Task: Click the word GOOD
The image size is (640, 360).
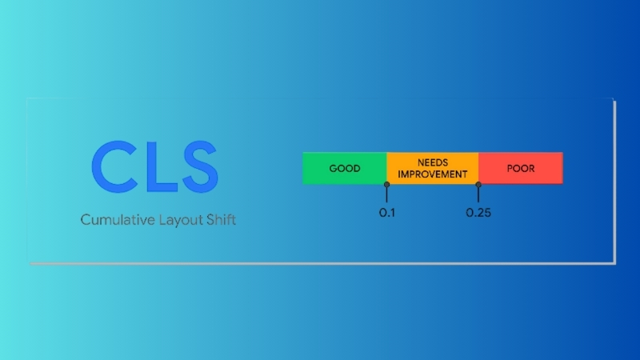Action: click(x=345, y=169)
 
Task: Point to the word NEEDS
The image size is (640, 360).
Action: click(x=432, y=162)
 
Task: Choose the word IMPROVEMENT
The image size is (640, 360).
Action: click(x=432, y=174)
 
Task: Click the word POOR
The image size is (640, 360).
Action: click(x=521, y=169)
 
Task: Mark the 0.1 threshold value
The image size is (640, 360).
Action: click(x=386, y=214)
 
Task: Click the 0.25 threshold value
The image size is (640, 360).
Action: click(x=478, y=214)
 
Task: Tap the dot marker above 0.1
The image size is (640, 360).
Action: click(x=386, y=185)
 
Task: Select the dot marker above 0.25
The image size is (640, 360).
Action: click(x=478, y=185)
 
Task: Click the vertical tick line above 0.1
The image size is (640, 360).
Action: click(x=386, y=195)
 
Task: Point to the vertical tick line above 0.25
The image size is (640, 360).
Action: click(x=478, y=195)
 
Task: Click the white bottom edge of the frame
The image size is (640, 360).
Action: click(x=320, y=262)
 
